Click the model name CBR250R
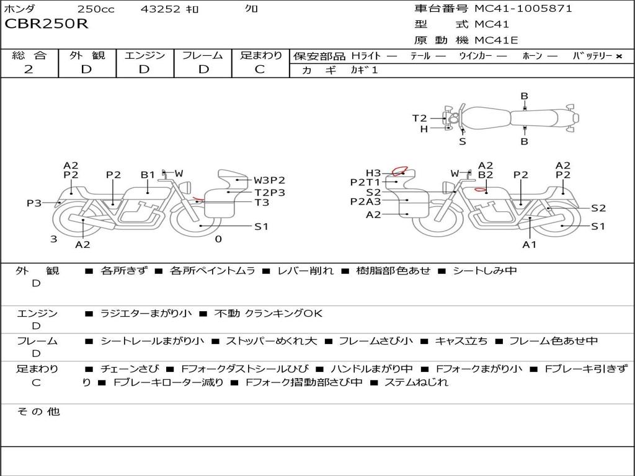pyautogui.click(x=46, y=24)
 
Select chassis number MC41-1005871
pyautogui.click(x=523, y=8)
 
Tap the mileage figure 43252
pyautogui.click(x=160, y=9)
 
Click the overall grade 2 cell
pyautogui.click(x=29, y=69)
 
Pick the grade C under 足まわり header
pyautogui.click(x=260, y=69)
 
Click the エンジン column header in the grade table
pyautogui.click(x=144, y=55)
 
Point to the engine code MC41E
pyautogui.click(x=496, y=40)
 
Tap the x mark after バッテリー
pyautogui.click(x=619, y=56)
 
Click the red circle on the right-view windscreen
pyautogui.click(x=400, y=171)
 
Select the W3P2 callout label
pyautogui.click(x=269, y=180)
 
